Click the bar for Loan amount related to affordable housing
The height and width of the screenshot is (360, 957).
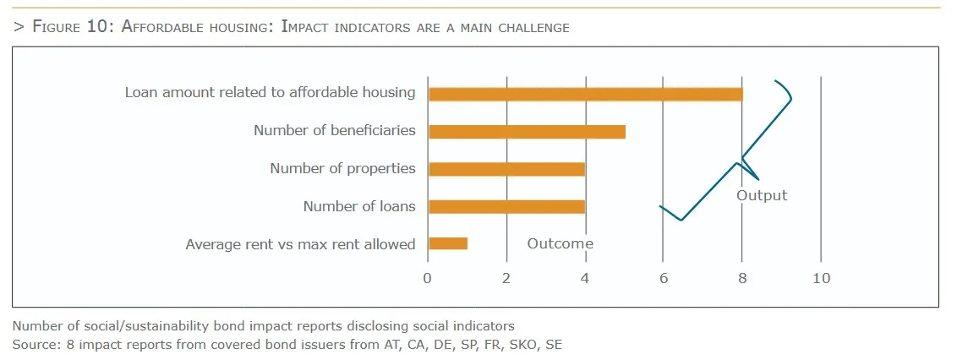[x=585, y=93]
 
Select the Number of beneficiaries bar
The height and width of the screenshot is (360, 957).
[x=527, y=131]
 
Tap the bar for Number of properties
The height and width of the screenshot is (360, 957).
[x=506, y=168]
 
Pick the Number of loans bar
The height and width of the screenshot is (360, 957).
[x=506, y=206]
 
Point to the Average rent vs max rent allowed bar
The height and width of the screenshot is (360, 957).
[x=448, y=243]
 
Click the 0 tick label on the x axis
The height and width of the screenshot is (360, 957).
[x=428, y=278]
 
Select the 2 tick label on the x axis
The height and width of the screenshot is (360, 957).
[x=506, y=278]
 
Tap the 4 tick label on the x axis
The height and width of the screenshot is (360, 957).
[x=585, y=278]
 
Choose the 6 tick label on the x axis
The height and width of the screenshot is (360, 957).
[x=664, y=278]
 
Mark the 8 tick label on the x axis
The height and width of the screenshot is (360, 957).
[x=742, y=278]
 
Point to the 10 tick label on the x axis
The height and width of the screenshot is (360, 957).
[x=821, y=278]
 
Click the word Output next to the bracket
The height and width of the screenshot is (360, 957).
[x=762, y=195]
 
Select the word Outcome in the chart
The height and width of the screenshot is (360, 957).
[x=561, y=243]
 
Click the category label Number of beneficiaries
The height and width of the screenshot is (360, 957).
[x=335, y=130]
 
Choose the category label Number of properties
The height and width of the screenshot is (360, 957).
[x=342, y=168]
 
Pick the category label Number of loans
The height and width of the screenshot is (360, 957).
[x=359, y=206]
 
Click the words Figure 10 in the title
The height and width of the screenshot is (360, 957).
[x=68, y=26]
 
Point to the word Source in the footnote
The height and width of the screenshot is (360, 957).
[x=33, y=344]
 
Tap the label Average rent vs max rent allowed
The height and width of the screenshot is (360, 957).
[x=300, y=244]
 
